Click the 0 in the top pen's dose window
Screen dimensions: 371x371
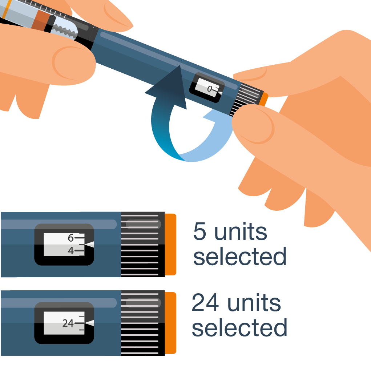[x=210, y=89]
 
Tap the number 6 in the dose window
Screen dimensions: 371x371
[x=71, y=238]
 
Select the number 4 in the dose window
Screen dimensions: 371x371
[x=71, y=251]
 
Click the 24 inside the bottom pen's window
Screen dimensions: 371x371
[x=68, y=323]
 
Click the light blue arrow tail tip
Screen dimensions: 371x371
[x=203, y=116]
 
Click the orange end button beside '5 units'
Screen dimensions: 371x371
[x=170, y=245]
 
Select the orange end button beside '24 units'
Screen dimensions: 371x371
[x=170, y=323]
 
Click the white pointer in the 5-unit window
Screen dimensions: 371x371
[x=89, y=245]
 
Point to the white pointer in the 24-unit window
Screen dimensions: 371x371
[x=89, y=323]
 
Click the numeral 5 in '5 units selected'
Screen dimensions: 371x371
[x=199, y=231]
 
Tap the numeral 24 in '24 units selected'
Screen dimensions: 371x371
[x=205, y=302]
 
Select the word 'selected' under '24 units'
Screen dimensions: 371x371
[x=239, y=327]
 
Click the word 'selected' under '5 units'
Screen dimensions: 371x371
[x=240, y=256]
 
